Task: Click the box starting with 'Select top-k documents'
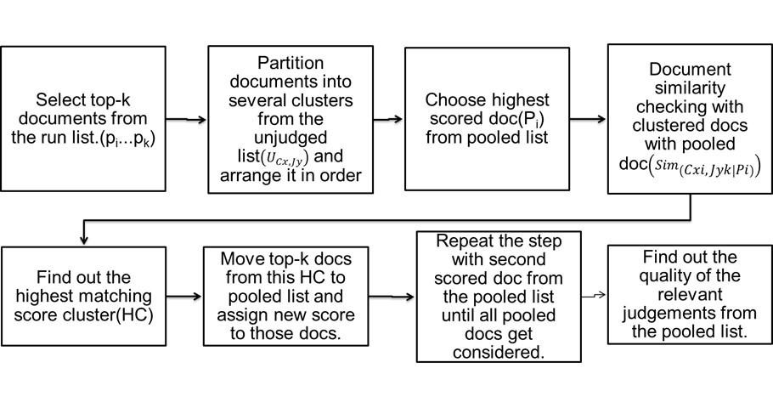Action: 83,120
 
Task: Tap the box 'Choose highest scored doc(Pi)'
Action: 487,120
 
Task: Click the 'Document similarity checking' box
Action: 689,118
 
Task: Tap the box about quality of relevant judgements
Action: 690,294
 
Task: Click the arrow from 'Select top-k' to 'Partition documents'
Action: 186,120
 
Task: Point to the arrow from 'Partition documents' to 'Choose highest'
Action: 389,120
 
